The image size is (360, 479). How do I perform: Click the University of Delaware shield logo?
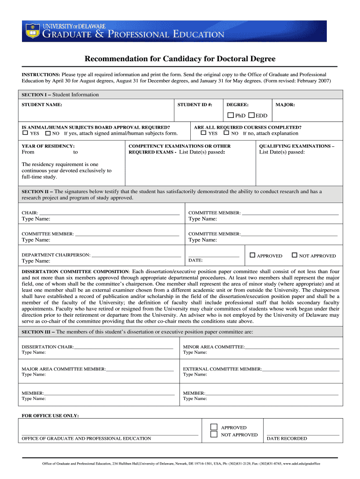[32, 30]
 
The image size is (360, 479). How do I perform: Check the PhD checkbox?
[230, 115]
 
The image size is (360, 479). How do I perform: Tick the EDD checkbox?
[252, 115]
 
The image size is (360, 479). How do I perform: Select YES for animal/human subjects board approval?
[26, 133]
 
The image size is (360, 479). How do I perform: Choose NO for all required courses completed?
[227, 133]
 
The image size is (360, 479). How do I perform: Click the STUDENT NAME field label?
[42, 105]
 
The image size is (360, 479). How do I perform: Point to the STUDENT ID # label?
[194, 105]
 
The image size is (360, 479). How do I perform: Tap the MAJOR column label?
[285, 105]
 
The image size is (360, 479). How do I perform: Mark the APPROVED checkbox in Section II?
[252, 255]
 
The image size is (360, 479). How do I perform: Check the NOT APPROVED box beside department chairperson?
[294, 255]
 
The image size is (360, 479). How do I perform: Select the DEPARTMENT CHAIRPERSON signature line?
[136, 256]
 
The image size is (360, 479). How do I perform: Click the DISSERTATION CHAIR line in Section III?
[123, 348]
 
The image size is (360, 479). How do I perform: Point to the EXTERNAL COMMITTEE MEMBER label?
[222, 369]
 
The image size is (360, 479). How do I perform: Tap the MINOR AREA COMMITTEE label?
[214, 347]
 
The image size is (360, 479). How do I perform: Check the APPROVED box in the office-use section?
[214, 427]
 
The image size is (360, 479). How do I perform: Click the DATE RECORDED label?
[287, 439]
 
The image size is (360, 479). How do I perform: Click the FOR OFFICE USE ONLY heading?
[50, 415]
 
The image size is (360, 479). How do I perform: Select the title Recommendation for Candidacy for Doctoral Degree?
[180, 59]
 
